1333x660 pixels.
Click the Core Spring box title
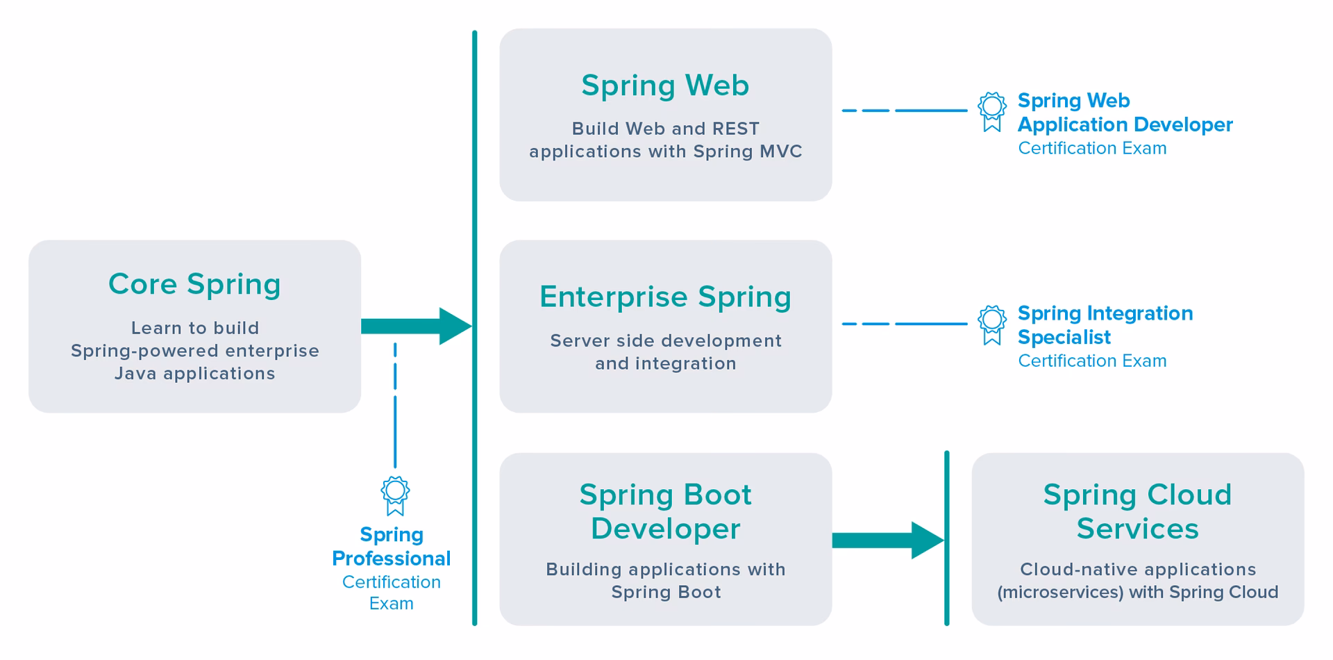(194, 284)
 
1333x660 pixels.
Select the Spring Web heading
(665, 85)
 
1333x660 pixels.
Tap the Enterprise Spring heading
(665, 297)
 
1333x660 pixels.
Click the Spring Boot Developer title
(665, 511)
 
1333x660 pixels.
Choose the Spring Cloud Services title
(1137, 511)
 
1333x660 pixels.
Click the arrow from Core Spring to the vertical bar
(415, 327)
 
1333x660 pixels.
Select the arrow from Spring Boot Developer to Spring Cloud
(887, 541)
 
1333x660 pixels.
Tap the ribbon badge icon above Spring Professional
(395, 495)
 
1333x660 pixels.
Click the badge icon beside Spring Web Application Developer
(991, 111)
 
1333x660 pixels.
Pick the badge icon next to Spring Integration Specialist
(991, 324)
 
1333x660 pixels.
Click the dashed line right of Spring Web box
(904, 110)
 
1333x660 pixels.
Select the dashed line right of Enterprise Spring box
(904, 324)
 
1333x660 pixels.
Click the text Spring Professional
(391, 547)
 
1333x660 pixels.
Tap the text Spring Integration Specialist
(1105, 325)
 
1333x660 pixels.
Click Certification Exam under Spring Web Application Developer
(1092, 149)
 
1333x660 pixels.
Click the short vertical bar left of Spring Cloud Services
(946, 538)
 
